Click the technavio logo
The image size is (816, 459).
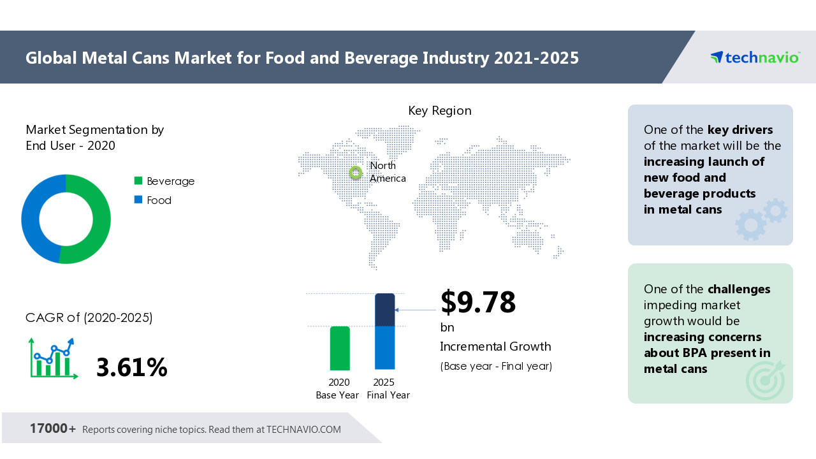(755, 57)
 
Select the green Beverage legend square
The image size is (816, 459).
(138, 181)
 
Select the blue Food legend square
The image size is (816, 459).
(138, 200)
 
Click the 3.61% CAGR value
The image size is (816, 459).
(131, 368)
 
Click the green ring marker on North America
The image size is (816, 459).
(356, 172)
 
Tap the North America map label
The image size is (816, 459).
(387, 172)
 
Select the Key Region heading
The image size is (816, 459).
(440, 111)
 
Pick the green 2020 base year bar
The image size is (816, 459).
(340, 348)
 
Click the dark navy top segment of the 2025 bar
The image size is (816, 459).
(384, 310)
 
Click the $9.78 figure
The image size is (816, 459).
(478, 302)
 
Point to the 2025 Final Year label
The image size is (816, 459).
(388, 388)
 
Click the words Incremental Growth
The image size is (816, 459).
(495, 347)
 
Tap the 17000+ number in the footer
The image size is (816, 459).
(52, 428)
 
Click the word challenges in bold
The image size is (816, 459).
(739, 289)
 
